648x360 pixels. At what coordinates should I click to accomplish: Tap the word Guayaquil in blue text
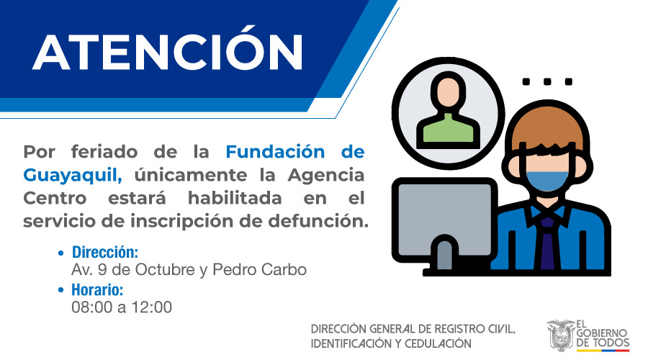tap(73, 175)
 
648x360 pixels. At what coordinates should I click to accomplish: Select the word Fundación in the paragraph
tap(275, 152)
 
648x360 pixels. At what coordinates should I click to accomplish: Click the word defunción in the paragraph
tap(318, 221)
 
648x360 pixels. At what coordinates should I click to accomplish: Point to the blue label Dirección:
tap(105, 252)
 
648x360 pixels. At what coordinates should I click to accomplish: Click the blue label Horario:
tap(97, 290)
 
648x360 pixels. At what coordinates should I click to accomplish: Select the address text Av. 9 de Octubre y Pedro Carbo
tap(189, 270)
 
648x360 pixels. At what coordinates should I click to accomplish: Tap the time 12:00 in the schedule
tap(152, 307)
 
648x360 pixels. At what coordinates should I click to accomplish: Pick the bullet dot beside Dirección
tap(61, 253)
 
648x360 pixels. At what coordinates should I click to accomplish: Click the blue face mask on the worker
tap(547, 180)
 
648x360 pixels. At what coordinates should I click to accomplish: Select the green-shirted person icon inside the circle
tap(449, 111)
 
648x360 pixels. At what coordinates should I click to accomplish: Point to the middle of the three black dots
tap(547, 81)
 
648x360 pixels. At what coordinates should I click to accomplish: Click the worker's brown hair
tap(548, 129)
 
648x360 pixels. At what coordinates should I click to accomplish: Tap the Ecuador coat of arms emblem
tap(561, 336)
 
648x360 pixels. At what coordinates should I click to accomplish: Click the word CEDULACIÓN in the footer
tap(438, 344)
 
